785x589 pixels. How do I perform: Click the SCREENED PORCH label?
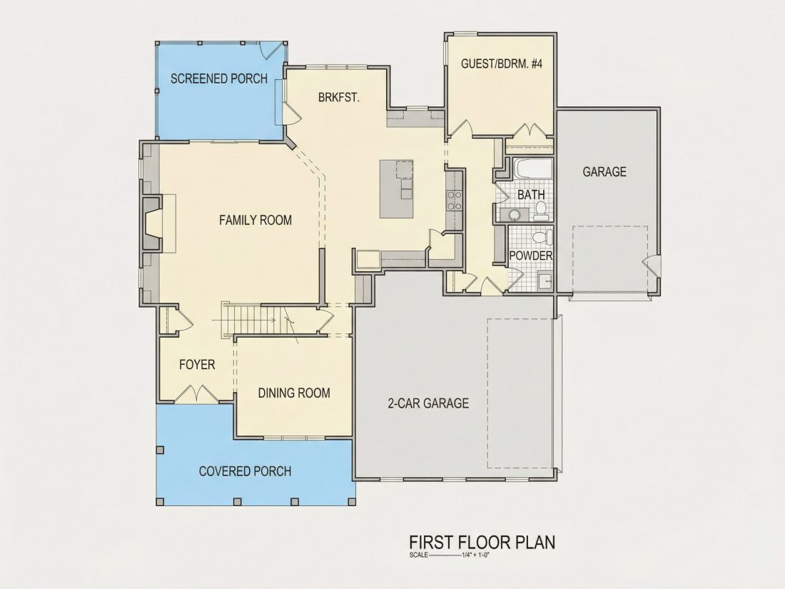click(219, 79)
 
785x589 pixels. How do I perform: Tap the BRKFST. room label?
click(339, 97)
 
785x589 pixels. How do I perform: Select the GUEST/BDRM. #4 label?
click(502, 64)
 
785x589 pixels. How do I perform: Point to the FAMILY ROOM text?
click(255, 220)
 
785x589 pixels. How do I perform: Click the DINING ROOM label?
click(294, 393)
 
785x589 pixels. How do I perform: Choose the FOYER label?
click(197, 365)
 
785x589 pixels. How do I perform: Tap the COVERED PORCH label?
click(245, 471)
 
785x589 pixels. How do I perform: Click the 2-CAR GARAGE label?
click(429, 403)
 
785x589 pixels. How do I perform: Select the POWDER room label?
click(531, 256)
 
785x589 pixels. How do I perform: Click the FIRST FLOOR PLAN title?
click(482, 543)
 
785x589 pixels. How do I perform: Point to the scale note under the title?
click(449, 555)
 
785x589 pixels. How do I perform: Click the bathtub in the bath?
click(532, 168)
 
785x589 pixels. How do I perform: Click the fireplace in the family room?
click(153, 223)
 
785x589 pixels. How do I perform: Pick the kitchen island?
click(397, 188)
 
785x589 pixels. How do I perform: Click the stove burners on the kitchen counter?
click(454, 201)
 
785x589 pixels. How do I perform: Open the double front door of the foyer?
click(197, 393)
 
